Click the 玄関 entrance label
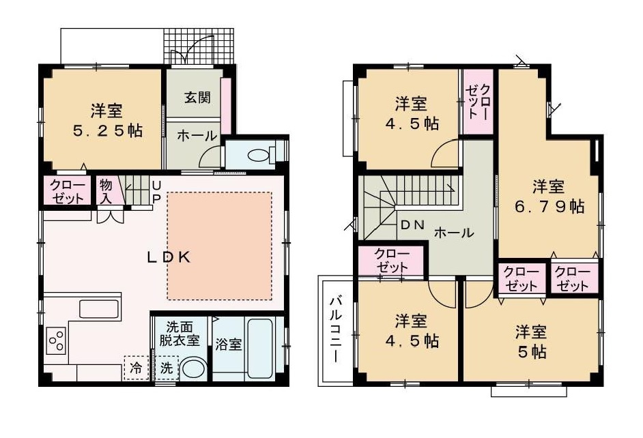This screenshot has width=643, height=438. coord(196,96)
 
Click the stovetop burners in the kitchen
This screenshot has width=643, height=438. coord(56,340)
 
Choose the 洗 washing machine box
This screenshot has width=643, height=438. coord(167,368)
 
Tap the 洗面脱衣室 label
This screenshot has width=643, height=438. coord(180,333)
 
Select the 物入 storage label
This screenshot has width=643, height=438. coord(106,190)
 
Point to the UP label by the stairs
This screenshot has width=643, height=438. coord(156,192)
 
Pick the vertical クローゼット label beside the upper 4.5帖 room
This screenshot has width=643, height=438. coord(477,102)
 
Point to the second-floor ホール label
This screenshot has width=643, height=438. coord(454,233)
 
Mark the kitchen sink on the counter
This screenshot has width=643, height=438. coord(100,308)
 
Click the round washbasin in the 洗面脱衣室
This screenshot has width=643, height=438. coord(194,368)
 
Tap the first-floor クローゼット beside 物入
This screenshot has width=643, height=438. coord(68,191)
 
